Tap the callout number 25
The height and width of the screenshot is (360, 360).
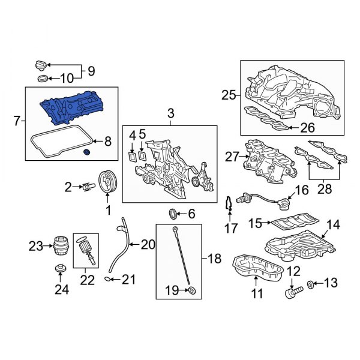(x=229, y=94)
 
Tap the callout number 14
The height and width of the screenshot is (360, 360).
(x=332, y=225)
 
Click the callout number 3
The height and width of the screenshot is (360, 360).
(x=170, y=113)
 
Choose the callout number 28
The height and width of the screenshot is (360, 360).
(x=324, y=190)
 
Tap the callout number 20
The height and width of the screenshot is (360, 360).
(x=147, y=244)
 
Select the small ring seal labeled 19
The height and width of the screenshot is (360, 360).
(x=191, y=292)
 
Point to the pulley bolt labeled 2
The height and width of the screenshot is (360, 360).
(x=87, y=187)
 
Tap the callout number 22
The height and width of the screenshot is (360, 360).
(x=88, y=279)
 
